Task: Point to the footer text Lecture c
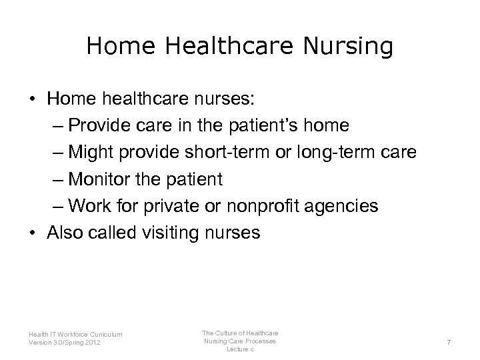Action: tap(240, 349)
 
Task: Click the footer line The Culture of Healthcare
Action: tap(240, 332)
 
